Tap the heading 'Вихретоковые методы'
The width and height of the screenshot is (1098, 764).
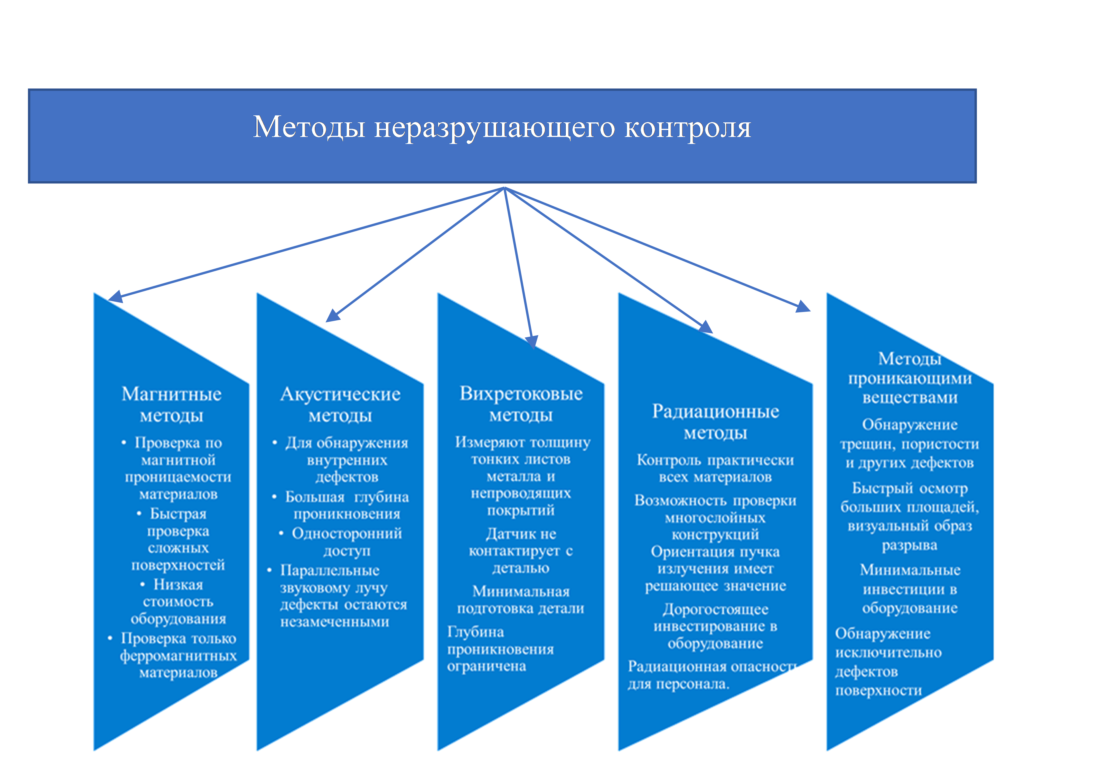tap(521, 404)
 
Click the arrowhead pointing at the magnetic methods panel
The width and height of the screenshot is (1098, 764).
tap(116, 297)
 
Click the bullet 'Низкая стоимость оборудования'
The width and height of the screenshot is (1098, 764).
tap(178, 601)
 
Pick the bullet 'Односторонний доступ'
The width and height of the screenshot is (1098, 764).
tap(347, 542)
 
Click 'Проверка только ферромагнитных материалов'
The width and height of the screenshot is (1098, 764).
tap(178, 655)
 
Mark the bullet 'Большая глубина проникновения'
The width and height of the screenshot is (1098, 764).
tap(347, 505)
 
